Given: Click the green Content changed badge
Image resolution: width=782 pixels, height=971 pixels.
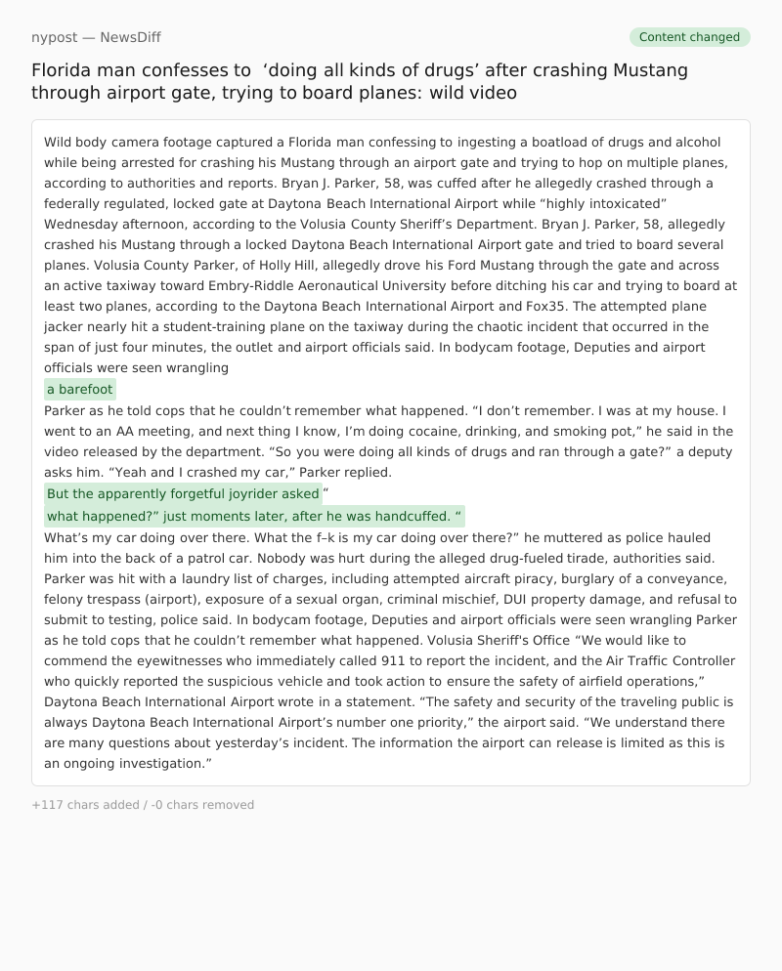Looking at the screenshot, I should (x=689, y=37).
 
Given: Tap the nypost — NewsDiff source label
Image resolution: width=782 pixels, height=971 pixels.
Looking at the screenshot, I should (x=96, y=37).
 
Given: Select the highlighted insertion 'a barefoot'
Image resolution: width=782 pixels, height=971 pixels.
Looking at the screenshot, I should (x=80, y=389).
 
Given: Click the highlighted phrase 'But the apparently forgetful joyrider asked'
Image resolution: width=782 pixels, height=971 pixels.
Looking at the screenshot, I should (x=183, y=493).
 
